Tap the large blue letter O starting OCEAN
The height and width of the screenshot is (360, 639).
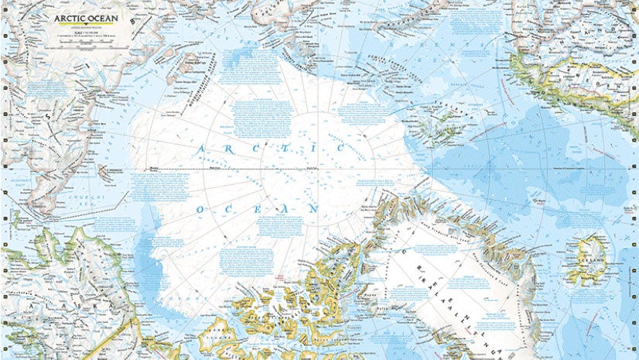click(x=202, y=210)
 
